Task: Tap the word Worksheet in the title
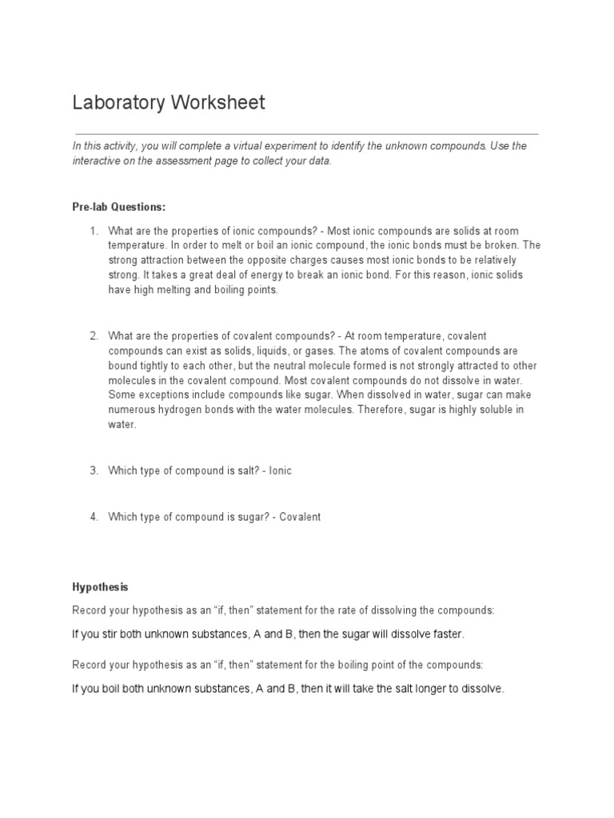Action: (x=216, y=103)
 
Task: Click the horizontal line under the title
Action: (x=306, y=133)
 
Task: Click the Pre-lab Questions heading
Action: (x=119, y=207)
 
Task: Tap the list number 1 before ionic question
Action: (x=93, y=232)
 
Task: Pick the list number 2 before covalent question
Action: (x=93, y=336)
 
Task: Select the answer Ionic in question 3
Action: (x=280, y=471)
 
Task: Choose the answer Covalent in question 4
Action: (x=300, y=517)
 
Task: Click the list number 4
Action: (x=93, y=517)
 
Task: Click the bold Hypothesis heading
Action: (x=100, y=587)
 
